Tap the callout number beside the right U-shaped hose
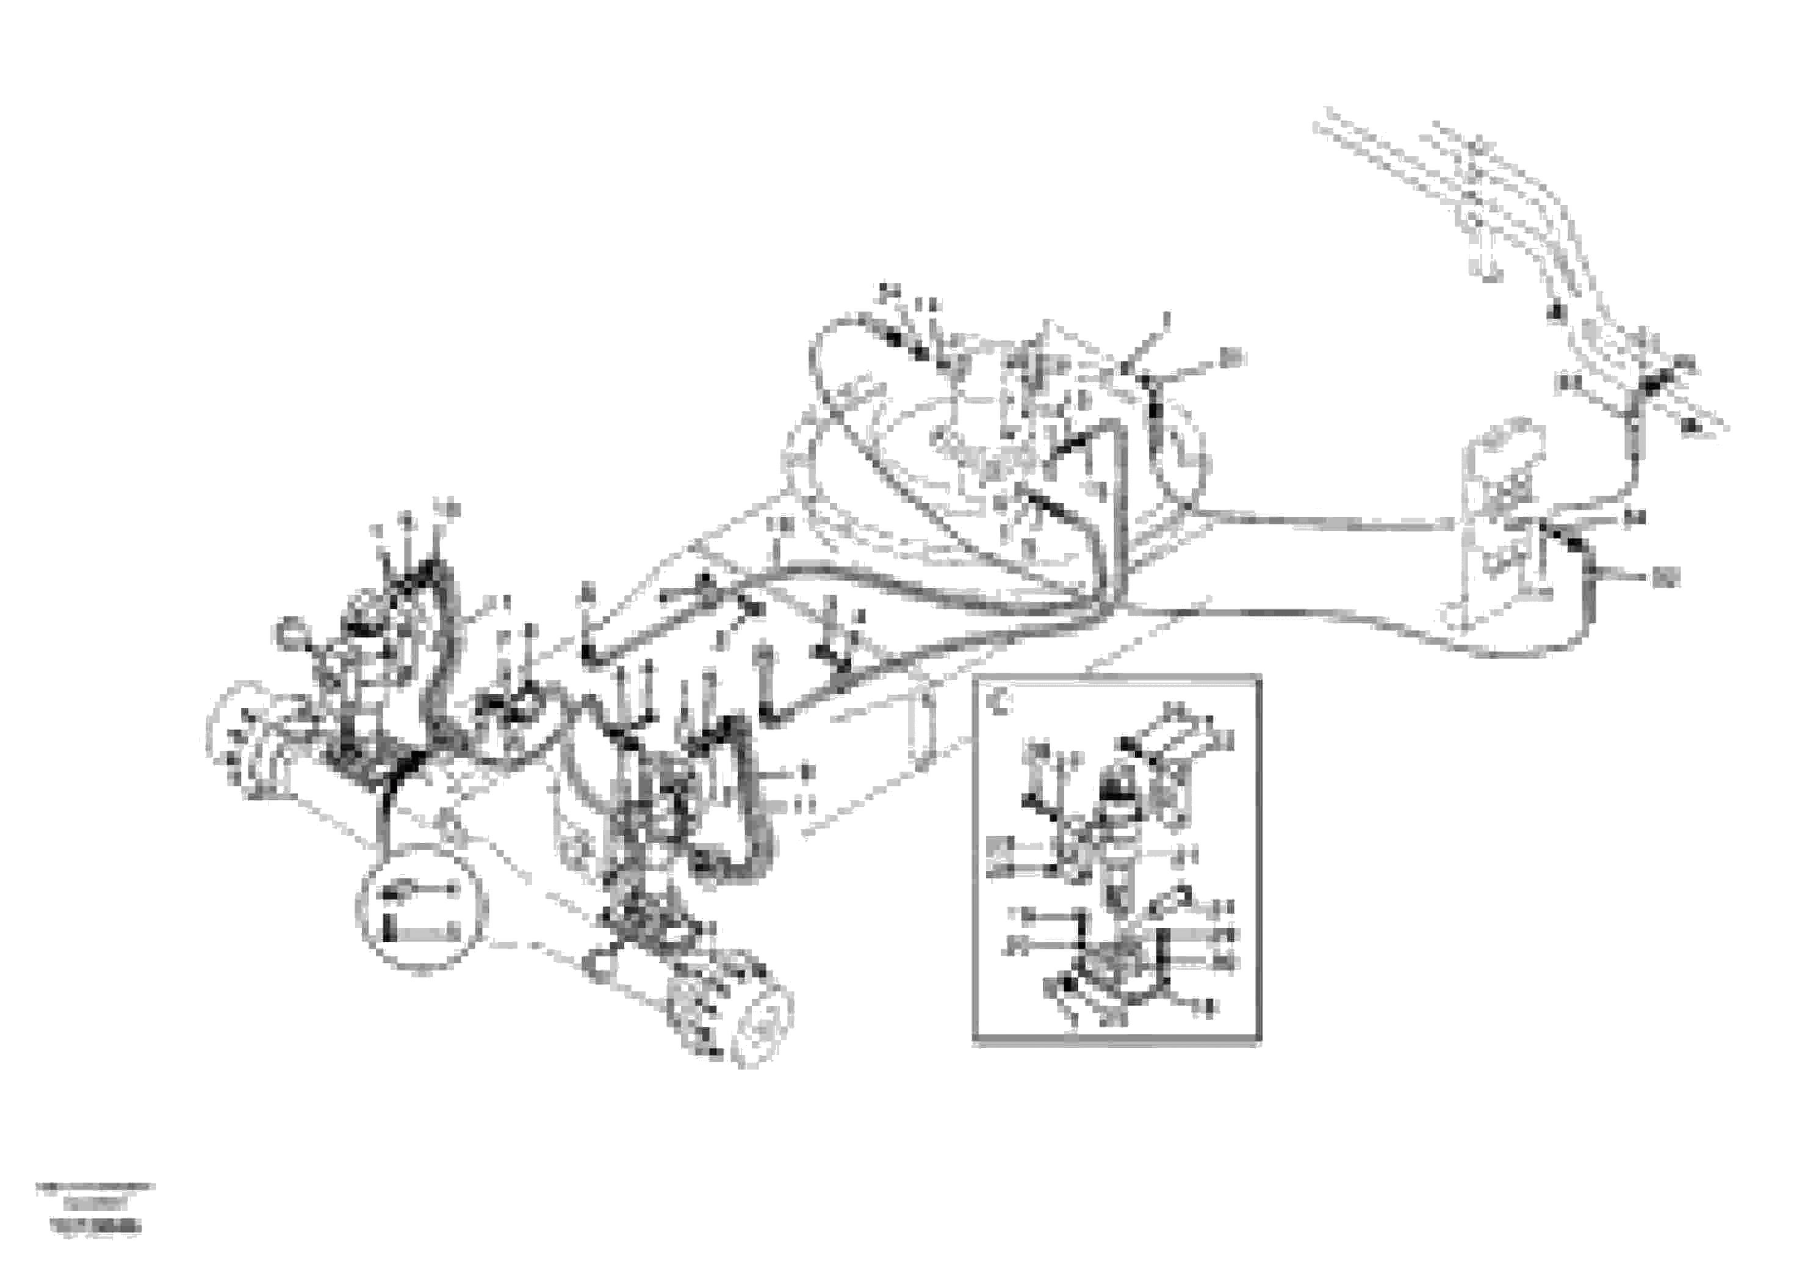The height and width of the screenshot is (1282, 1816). (x=1663, y=579)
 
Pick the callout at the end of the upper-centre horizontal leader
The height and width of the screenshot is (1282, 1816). (x=1231, y=357)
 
